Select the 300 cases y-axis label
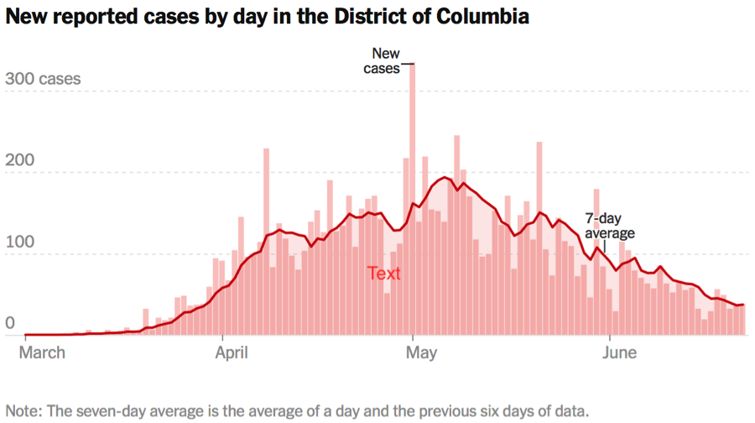[x=43, y=80]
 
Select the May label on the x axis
[x=421, y=352]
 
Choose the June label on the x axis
[x=620, y=352]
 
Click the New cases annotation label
[x=383, y=61]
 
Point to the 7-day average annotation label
[x=609, y=225]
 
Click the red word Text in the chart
[x=384, y=274]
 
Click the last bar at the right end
[x=741, y=320]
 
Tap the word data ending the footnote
[x=572, y=411]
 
